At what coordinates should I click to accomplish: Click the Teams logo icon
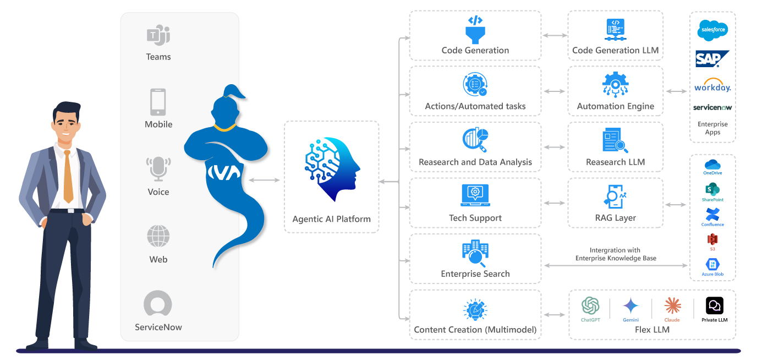[158, 36]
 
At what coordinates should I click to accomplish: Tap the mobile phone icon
[158, 102]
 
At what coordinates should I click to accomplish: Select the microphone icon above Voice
[158, 169]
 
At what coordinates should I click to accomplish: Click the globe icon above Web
[158, 237]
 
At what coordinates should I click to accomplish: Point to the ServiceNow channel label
[158, 327]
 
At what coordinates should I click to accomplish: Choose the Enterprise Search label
[475, 274]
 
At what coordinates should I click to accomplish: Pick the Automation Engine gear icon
[615, 85]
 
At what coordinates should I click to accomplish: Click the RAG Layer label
[615, 218]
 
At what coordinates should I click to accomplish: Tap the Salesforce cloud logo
[712, 30]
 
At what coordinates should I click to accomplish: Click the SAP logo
[712, 58]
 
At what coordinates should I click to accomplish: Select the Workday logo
[712, 85]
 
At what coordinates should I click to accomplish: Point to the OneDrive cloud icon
[712, 165]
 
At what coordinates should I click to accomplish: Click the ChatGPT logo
[590, 306]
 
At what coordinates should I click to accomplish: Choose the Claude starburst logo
[672, 306]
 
